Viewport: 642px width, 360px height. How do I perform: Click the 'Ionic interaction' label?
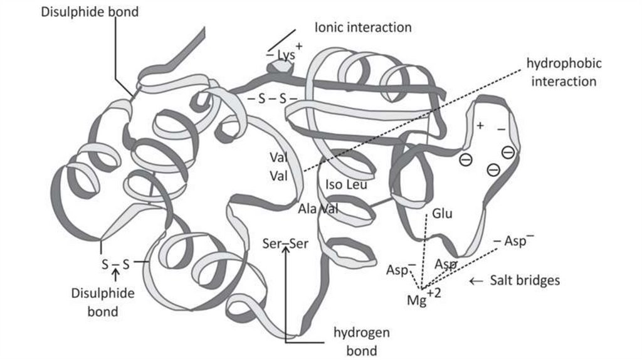point(362,28)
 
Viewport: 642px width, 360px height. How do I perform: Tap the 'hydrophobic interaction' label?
point(564,73)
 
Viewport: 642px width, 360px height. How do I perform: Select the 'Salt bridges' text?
point(524,280)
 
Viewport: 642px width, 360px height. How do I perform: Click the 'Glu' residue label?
point(442,214)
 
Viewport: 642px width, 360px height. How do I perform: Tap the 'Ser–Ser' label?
point(286,243)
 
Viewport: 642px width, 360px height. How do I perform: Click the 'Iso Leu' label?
point(346,185)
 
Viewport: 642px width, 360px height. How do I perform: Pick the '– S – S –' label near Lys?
point(271,98)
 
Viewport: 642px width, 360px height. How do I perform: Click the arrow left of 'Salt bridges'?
point(476,281)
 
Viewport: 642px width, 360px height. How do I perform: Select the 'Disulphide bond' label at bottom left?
point(94,301)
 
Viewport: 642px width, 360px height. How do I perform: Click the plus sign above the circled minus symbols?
point(480,126)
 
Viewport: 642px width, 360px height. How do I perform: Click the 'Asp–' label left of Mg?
point(401,269)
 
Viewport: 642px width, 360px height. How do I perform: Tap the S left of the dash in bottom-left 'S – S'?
point(105,264)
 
